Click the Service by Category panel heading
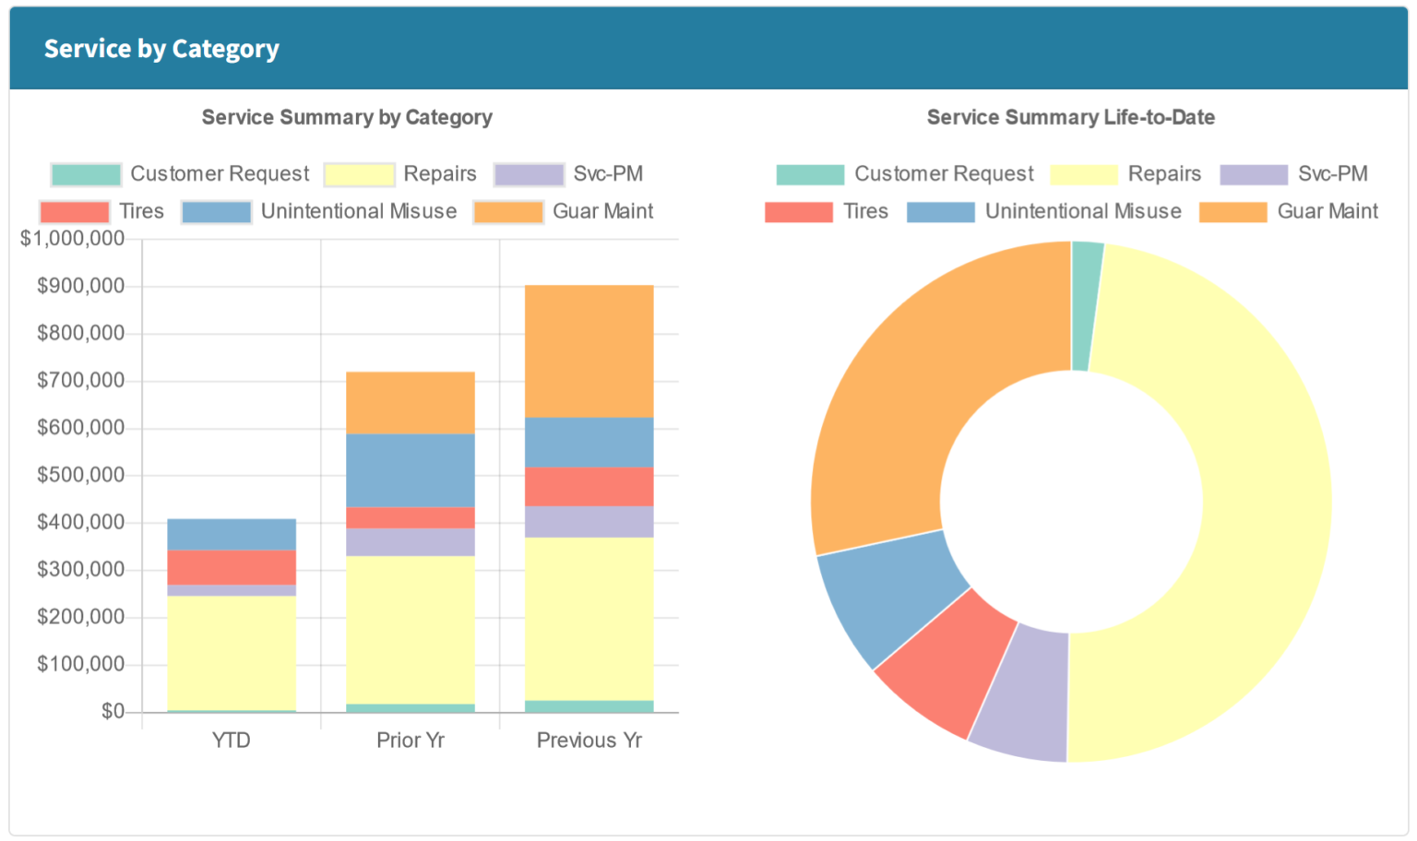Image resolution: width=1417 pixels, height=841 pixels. click(161, 49)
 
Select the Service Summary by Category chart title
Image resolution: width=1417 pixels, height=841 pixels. click(347, 117)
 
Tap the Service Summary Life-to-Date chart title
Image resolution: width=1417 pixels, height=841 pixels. click(1070, 117)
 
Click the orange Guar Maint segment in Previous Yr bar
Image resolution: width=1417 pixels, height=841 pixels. click(589, 351)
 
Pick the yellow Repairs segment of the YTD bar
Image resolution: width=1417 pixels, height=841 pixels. click(232, 652)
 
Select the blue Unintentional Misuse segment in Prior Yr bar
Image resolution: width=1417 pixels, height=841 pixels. click(411, 470)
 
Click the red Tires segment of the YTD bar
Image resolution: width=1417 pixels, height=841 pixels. click(232, 567)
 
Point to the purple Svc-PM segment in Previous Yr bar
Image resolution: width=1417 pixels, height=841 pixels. click(589, 522)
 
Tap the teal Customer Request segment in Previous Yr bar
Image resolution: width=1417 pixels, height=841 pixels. click(589, 706)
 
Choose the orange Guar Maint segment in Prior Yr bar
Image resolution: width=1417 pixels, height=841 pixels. click(411, 403)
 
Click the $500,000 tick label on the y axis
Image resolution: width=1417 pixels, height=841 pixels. click(80, 475)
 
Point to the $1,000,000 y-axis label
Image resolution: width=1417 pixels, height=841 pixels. click(73, 239)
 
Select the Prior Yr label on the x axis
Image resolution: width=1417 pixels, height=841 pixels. click(411, 740)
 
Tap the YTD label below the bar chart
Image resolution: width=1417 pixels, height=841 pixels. click(232, 740)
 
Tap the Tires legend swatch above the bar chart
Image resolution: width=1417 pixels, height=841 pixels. click(75, 212)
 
